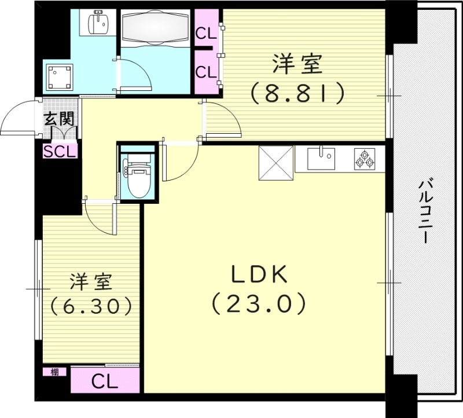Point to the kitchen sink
[x=321, y=158]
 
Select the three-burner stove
[x=365, y=159]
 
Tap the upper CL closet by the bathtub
[x=205, y=33]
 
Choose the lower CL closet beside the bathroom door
[x=205, y=72]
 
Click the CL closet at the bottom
[x=105, y=382]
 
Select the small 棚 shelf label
[x=54, y=372]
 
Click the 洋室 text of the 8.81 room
[x=297, y=64]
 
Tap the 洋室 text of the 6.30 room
[x=90, y=282]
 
